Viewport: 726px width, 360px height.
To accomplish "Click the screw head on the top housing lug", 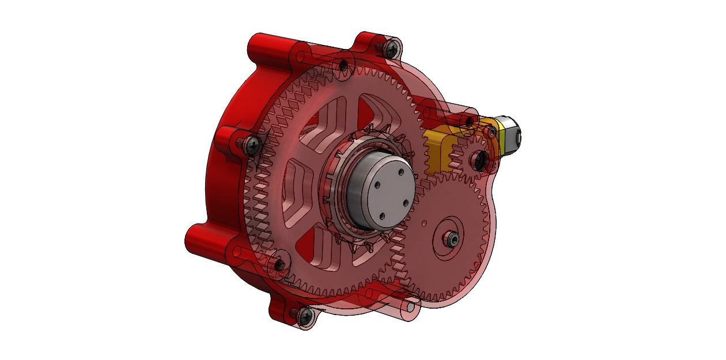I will coord(394,47).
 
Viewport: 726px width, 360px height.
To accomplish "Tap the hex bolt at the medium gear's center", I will coord(451,239).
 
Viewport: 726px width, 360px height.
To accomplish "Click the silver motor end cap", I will coord(511,136).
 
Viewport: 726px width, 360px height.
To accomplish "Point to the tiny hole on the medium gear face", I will coord(425,221).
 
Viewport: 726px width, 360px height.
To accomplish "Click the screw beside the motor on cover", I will coord(470,122).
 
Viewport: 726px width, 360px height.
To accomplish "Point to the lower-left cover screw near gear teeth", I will coord(279,264).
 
